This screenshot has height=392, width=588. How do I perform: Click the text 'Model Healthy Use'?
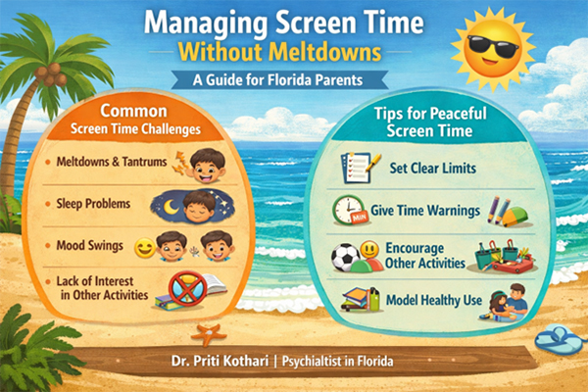[434, 299]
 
